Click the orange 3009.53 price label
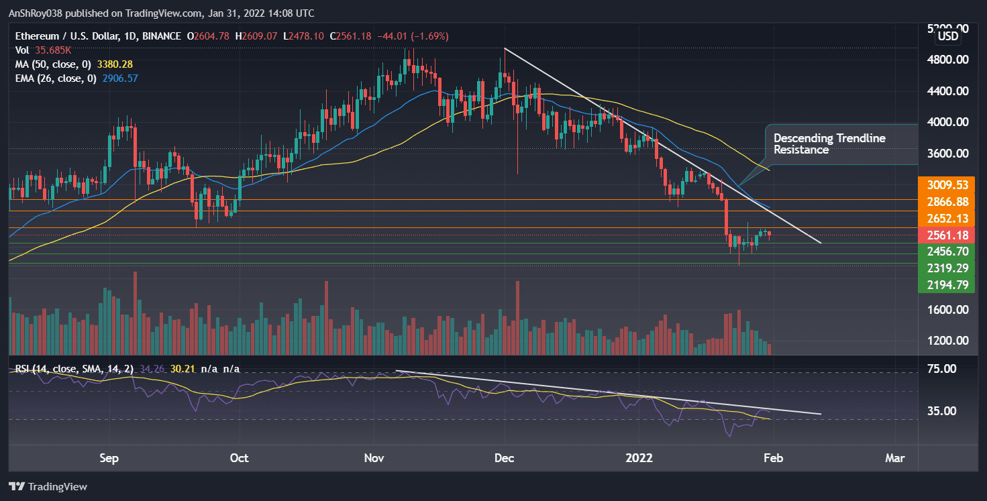[x=947, y=185]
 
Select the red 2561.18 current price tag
[x=947, y=235]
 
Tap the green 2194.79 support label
[x=947, y=284]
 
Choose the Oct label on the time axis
[x=239, y=458]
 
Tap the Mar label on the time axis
[x=894, y=458]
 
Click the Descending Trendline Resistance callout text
[x=830, y=144]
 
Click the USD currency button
[x=947, y=36]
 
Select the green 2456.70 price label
[x=947, y=252]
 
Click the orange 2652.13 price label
[x=947, y=218]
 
